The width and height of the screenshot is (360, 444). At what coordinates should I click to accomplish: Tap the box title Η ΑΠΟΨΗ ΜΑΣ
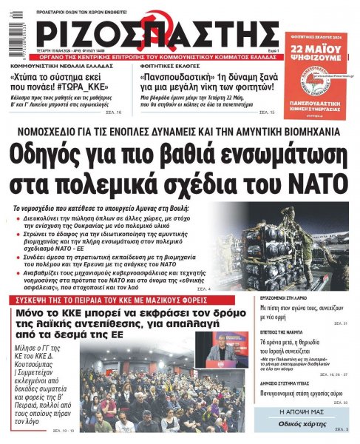(x=316, y=411)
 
